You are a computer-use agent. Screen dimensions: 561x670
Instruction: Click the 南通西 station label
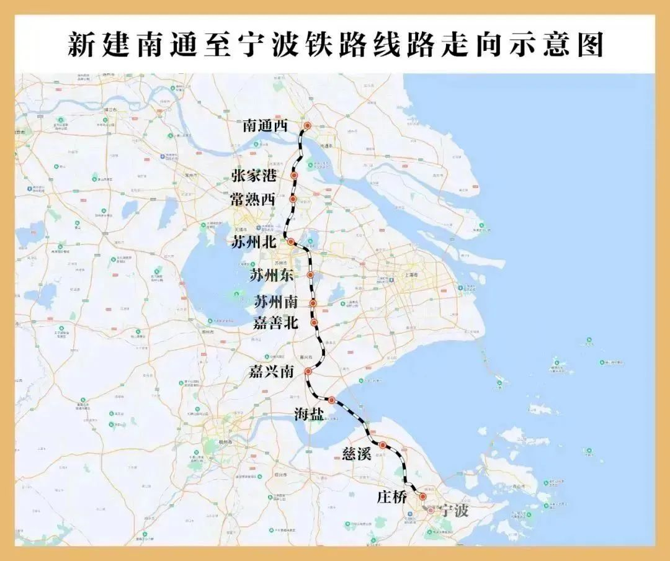[266, 126]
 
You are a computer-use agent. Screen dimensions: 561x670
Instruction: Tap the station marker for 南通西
[307, 126]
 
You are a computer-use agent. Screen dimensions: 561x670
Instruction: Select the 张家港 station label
[254, 176]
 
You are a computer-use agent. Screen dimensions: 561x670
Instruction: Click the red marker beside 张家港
[294, 176]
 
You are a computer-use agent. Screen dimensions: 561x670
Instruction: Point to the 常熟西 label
[253, 199]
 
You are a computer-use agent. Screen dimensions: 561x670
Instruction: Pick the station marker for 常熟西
[293, 199]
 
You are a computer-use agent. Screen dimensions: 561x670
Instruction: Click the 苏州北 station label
[253, 242]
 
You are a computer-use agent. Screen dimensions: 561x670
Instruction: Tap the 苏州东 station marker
[310, 274]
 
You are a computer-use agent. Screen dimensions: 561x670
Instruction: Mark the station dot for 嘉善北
[315, 322]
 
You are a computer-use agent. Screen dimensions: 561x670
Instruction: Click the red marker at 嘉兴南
[308, 371]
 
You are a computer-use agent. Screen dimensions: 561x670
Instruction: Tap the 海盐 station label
[308, 415]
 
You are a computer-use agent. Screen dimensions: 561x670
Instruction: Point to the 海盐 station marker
[332, 400]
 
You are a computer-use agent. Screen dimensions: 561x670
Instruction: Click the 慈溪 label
[357, 453]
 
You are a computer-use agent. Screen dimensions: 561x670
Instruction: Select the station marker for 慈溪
[383, 445]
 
